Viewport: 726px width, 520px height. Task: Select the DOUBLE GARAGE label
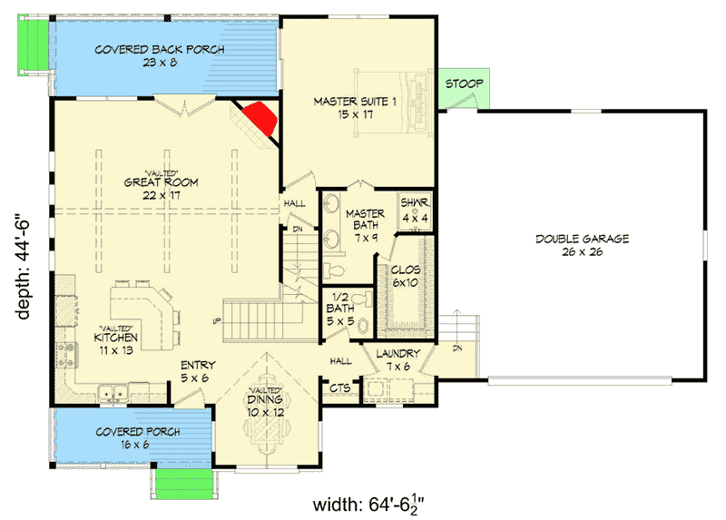click(x=582, y=245)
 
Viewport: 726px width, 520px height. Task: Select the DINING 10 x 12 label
click(x=266, y=405)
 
